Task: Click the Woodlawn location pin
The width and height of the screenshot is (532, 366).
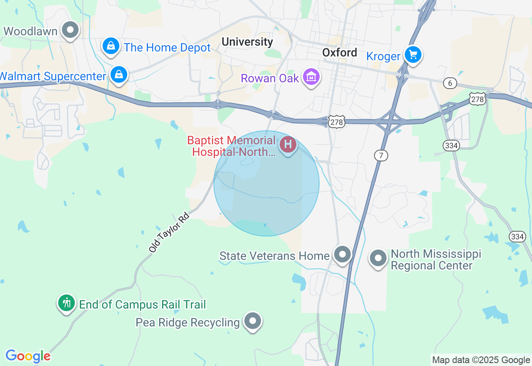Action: tap(70, 30)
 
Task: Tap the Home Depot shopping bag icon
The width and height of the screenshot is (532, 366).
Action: tap(111, 46)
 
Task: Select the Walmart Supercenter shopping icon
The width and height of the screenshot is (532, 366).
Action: tap(119, 75)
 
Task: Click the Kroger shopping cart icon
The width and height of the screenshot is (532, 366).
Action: tap(413, 55)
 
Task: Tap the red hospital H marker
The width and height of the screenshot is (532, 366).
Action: tap(288, 145)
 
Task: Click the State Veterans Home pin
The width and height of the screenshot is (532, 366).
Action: tap(343, 254)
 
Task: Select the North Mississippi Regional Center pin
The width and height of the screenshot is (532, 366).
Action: tap(378, 258)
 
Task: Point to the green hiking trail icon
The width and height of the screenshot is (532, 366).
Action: tap(66, 303)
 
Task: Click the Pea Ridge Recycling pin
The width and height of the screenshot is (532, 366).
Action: tap(252, 321)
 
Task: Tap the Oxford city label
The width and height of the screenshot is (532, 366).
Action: tap(340, 52)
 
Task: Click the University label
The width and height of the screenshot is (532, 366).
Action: tap(247, 42)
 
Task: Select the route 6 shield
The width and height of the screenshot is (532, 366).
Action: tap(450, 83)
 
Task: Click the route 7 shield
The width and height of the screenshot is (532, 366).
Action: tap(381, 156)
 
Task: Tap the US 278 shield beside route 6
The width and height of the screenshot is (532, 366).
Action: tap(478, 99)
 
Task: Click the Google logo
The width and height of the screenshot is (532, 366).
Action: tap(28, 356)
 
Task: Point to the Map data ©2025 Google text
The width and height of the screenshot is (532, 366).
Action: tap(481, 360)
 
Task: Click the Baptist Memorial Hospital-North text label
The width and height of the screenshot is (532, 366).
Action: tap(232, 146)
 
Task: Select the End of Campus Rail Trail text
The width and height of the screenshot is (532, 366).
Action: tap(143, 304)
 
